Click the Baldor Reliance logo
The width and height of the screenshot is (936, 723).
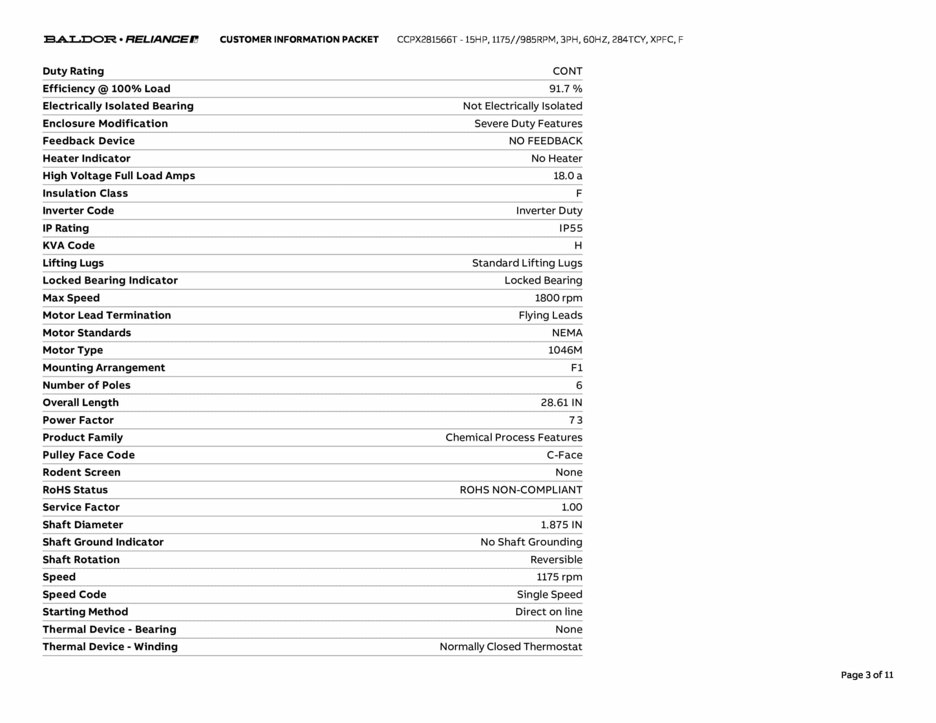[x=121, y=39]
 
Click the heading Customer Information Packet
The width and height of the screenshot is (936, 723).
[x=299, y=40]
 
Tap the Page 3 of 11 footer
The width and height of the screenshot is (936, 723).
[x=867, y=675]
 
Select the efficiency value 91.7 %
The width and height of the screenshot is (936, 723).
[x=565, y=89]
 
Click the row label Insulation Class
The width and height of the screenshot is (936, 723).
[x=85, y=193]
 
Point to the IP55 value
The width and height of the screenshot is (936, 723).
[x=570, y=228]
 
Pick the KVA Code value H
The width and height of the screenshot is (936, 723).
[x=578, y=245]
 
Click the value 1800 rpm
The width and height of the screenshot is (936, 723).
[x=558, y=298]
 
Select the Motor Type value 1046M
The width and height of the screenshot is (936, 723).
[x=565, y=350]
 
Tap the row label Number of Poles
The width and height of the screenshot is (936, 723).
[x=86, y=385]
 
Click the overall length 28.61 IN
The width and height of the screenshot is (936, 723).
[x=561, y=403]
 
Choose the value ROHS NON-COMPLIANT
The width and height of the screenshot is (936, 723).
[x=521, y=490]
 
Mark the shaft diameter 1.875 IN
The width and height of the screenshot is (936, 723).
[x=561, y=525]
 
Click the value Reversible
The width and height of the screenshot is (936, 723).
[x=556, y=559]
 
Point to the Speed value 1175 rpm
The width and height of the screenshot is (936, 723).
[x=559, y=577]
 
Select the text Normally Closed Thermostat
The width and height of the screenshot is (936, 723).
[x=511, y=647]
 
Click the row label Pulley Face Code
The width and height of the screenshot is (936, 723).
[x=89, y=455]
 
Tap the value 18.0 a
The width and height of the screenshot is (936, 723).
[x=568, y=176]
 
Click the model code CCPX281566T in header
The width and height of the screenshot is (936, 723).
[x=426, y=40]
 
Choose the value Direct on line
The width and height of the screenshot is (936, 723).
[x=548, y=612]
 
